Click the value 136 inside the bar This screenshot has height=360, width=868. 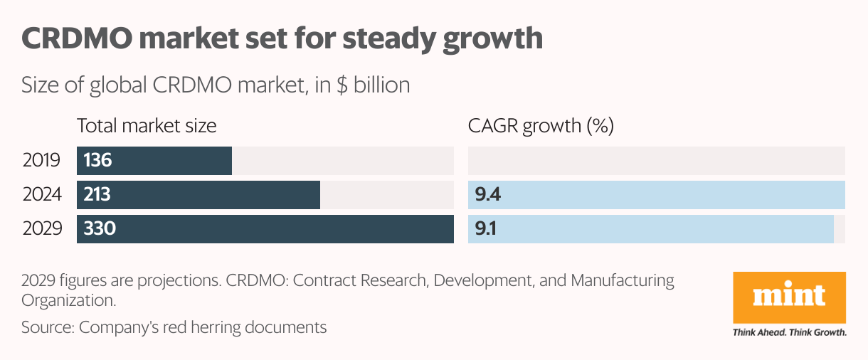[98, 161]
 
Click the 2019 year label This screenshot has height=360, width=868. [42, 161]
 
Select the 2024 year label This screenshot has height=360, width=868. [42, 195]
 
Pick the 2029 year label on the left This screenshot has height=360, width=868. [42, 229]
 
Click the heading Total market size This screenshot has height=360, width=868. [147, 127]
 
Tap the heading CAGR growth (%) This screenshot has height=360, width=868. [541, 127]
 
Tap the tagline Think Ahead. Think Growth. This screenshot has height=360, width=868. [789, 332]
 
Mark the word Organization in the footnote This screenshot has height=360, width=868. [68, 301]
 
